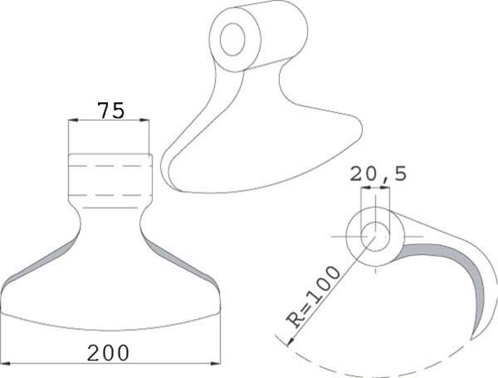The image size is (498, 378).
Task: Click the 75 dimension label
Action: pyautogui.click(x=111, y=110)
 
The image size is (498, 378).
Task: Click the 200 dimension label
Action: pyautogui.click(x=108, y=353)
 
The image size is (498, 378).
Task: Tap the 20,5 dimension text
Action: pyautogui.click(x=378, y=174)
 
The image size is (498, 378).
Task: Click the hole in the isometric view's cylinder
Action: pyautogui.click(x=232, y=39)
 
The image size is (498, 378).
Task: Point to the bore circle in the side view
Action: pyautogui.click(x=375, y=237)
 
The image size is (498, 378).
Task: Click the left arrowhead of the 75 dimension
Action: pyautogui.click(x=73, y=120)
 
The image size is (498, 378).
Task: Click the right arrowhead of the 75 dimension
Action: pyautogui.click(x=144, y=120)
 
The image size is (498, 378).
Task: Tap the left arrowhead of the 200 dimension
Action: pyautogui.click(x=7, y=363)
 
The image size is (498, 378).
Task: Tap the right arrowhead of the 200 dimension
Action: pyautogui.click(x=216, y=363)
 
